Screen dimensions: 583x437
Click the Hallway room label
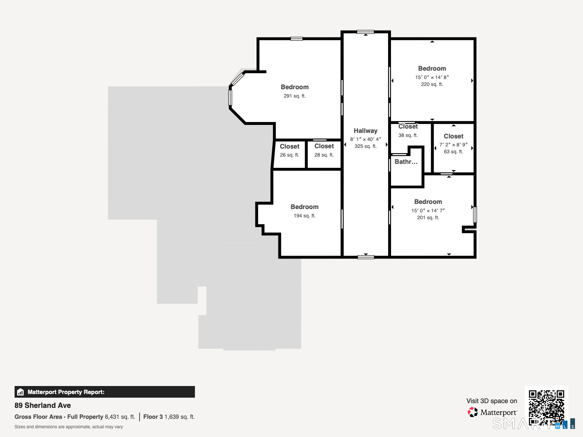(365, 131)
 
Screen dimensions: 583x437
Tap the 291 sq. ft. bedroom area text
(294, 96)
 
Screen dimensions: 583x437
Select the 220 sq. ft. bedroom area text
(432, 84)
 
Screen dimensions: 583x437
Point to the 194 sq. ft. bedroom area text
(304, 216)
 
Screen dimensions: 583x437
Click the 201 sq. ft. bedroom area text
(428, 217)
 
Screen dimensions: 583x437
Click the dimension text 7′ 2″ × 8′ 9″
(453, 145)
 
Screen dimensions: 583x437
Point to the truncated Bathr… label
(406, 162)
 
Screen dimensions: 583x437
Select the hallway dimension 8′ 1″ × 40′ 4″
(365, 139)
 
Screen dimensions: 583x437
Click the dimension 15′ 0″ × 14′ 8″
(432, 77)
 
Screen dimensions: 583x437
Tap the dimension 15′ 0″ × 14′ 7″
(428, 211)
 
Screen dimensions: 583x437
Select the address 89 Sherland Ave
(43, 405)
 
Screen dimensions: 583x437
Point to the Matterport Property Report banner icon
(20, 392)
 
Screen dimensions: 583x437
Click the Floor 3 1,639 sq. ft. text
(169, 417)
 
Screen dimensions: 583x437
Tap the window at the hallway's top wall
(365, 32)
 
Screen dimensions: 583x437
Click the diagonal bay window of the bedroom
(237, 79)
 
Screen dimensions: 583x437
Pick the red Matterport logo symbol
(473, 412)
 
